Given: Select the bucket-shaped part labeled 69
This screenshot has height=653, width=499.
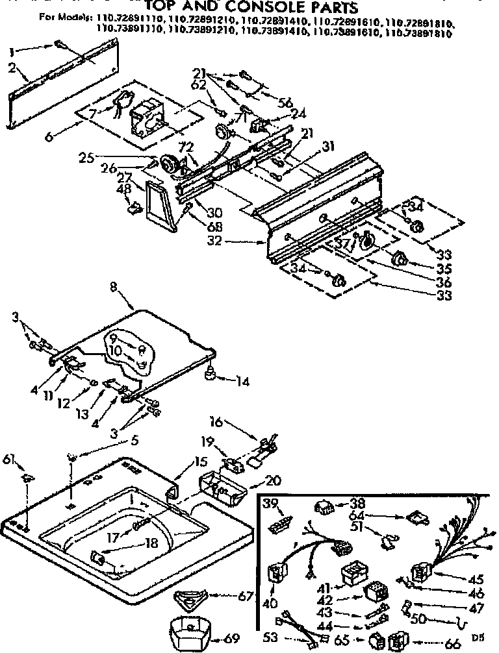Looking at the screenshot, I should (188, 630).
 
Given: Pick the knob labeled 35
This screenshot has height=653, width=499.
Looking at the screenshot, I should (398, 261).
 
